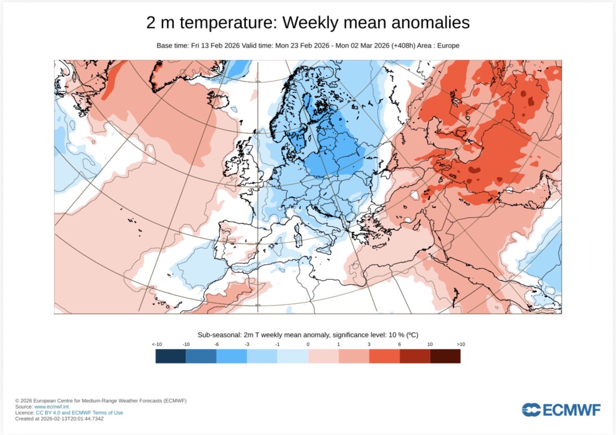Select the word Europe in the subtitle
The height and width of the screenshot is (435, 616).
[448, 45]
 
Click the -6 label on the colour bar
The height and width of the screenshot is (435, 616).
[216, 345]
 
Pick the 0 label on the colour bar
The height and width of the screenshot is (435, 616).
[308, 345]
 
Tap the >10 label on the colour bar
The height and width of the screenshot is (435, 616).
[460, 345]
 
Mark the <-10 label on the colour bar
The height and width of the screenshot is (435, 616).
[156, 345]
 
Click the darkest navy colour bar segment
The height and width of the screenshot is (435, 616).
[171, 356]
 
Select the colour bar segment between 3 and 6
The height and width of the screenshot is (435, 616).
[384, 356]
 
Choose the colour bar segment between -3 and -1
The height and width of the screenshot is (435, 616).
[262, 356]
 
